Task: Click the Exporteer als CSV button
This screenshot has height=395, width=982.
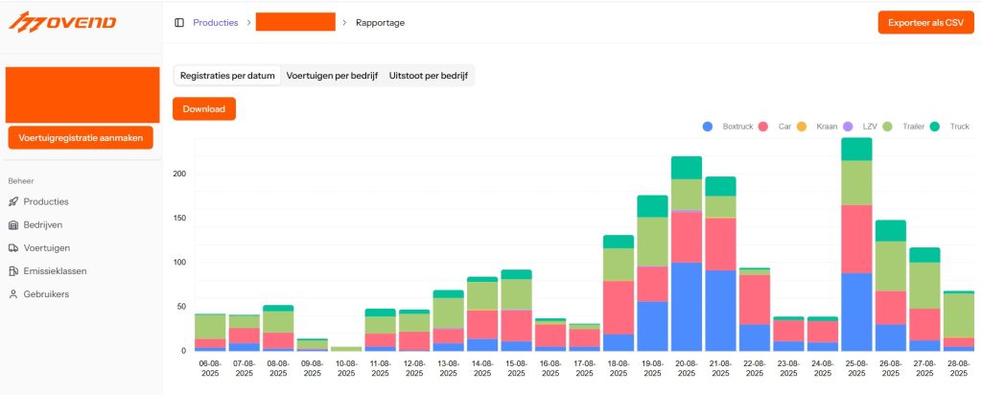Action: tap(925, 22)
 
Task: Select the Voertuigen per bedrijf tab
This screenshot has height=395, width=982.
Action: tap(332, 75)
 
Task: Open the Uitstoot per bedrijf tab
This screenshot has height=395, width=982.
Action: tap(428, 75)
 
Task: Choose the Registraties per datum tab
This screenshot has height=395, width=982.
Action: tap(227, 75)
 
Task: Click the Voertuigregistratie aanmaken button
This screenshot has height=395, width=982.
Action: tap(81, 138)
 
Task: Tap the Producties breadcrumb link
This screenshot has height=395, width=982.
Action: tap(216, 22)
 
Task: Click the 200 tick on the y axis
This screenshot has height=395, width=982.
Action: tap(179, 174)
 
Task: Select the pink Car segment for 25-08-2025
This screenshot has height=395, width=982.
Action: tap(856, 239)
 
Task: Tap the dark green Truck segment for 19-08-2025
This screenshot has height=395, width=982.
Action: tap(652, 206)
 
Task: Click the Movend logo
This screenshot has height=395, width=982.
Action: tap(62, 21)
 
